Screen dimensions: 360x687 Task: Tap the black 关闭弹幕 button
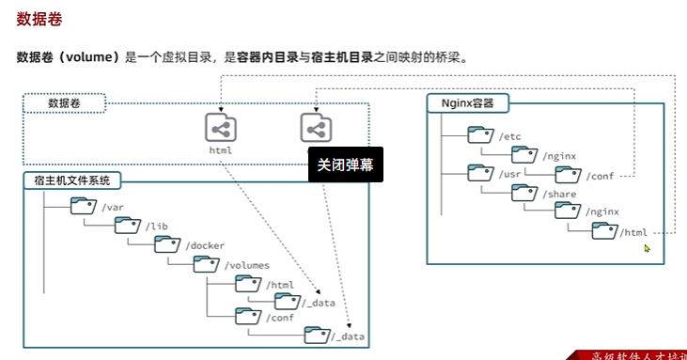click(345, 164)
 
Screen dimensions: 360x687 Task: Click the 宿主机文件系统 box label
click(72, 180)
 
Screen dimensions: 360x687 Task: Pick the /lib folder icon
click(128, 226)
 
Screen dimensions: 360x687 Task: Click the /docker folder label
click(205, 245)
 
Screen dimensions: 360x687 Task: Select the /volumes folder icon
click(206, 264)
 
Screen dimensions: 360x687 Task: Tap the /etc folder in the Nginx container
click(480, 136)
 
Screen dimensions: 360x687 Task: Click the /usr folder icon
click(480, 174)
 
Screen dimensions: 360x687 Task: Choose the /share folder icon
click(524, 193)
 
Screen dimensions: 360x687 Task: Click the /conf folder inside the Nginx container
click(568, 174)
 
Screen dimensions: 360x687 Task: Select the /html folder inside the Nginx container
click(605, 231)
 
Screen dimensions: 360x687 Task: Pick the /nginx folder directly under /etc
click(524, 155)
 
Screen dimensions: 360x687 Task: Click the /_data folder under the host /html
click(287, 301)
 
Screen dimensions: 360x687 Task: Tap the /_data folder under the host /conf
click(318, 336)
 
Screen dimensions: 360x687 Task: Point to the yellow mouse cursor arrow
click(648, 248)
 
